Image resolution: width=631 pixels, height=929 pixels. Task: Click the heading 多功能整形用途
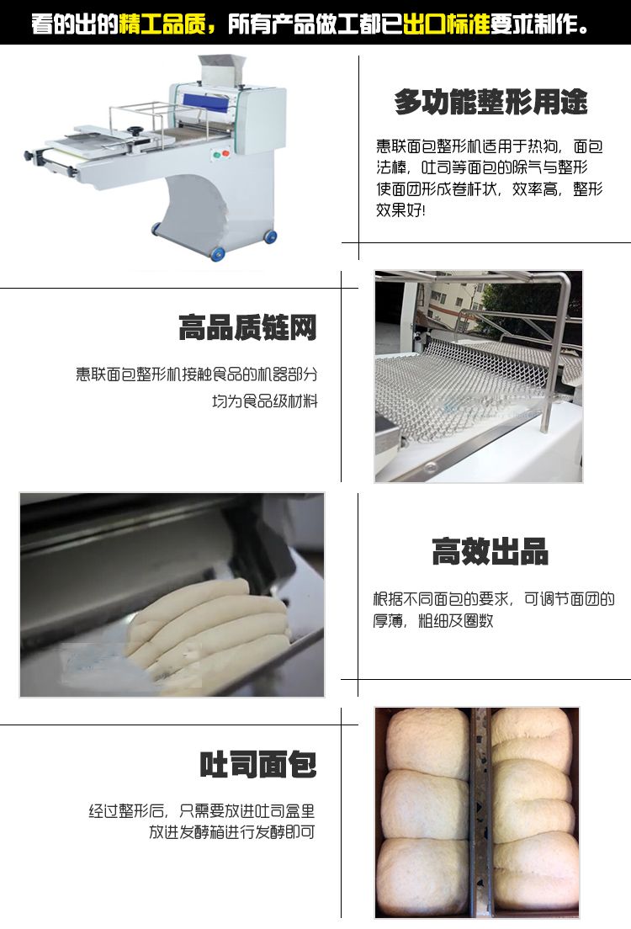[490, 103]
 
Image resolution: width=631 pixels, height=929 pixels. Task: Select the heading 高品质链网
[247, 327]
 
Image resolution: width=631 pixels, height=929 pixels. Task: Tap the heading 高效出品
[490, 551]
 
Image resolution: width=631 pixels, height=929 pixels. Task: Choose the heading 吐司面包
[257, 764]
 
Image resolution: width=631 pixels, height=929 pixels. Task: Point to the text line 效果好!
[400, 210]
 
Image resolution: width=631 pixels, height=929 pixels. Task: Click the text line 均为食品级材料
[265, 401]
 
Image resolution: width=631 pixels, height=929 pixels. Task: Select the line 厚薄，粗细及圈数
[433, 621]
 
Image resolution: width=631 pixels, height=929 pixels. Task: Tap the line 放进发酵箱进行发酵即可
[232, 833]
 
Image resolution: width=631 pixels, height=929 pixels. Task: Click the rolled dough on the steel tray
[210, 623]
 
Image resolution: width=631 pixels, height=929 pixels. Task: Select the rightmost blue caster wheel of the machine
[270, 236]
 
